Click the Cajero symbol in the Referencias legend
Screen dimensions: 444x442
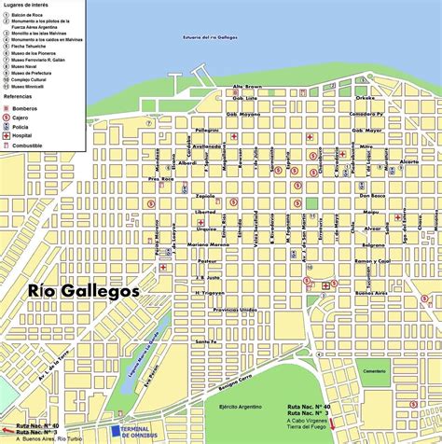(x=8, y=118)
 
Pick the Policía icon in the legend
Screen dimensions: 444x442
(x=8, y=128)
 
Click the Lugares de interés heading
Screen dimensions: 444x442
(x=27, y=7)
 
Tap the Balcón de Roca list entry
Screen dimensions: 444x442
(x=28, y=15)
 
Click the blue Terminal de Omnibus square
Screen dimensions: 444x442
(x=115, y=431)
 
